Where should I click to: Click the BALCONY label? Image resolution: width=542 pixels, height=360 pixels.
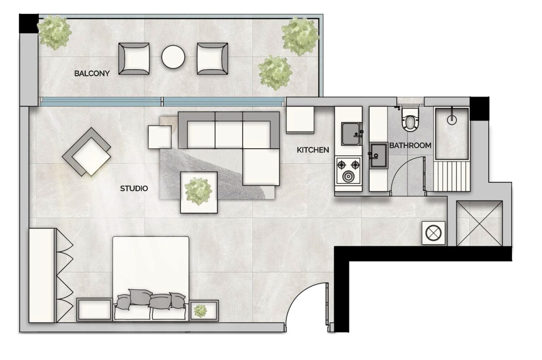[92, 74]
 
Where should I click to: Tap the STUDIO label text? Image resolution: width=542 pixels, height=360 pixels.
[134, 188]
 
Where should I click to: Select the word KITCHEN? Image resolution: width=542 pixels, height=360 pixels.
[313, 150]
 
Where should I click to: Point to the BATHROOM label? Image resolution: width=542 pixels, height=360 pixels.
[410, 145]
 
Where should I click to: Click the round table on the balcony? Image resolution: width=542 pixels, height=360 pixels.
[173, 57]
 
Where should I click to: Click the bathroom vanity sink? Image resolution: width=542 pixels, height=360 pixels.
[379, 155]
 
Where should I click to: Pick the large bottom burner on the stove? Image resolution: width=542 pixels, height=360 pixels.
[348, 177]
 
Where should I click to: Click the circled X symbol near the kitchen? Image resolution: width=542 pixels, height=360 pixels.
[433, 233]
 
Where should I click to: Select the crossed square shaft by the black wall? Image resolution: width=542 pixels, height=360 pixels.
[479, 223]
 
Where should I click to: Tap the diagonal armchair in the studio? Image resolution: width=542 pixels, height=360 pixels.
[87, 152]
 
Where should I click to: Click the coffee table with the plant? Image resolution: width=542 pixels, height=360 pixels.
[199, 192]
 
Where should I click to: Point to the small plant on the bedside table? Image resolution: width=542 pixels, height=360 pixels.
[200, 311]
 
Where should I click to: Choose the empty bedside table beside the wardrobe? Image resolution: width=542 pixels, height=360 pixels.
[94, 310]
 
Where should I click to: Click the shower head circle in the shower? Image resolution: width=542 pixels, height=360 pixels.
[452, 120]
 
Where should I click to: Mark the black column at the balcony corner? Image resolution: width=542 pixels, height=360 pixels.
[29, 23]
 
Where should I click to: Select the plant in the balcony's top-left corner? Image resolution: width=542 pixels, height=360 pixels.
[55, 32]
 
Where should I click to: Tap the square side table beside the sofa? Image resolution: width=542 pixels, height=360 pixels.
[160, 137]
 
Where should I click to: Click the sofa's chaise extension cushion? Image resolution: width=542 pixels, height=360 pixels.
[261, 167]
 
